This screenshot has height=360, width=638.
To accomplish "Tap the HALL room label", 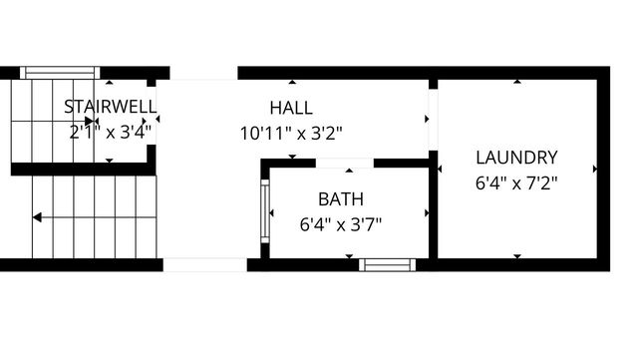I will [x=291, y=108].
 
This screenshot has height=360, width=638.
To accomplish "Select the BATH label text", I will [x=341, y=199].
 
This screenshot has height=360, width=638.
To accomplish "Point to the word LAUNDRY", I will [x=516, y=158].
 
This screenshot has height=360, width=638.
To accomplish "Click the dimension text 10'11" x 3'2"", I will [x=291, y=132].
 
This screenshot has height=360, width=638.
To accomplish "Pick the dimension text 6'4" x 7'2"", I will [x=516, y=182].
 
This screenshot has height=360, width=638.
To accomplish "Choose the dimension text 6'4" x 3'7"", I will [x=341, y=224].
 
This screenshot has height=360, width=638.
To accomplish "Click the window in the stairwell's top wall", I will [x=60, y=72].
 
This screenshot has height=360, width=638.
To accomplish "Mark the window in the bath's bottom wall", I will [x=388, y=265].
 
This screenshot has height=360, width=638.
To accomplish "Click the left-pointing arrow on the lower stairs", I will [x=37, y=215].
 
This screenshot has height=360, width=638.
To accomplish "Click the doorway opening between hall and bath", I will [x=344, y=162].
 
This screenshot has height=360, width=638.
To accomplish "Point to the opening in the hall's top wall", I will [x=203, y=73].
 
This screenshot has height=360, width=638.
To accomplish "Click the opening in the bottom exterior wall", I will [x=204, y=265].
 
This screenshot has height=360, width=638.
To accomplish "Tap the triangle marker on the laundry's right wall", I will [x=595, y=169].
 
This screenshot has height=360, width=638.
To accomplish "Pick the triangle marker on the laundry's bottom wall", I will [x=516, y=256].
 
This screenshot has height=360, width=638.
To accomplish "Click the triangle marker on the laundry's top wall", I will [x=516, y=82].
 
